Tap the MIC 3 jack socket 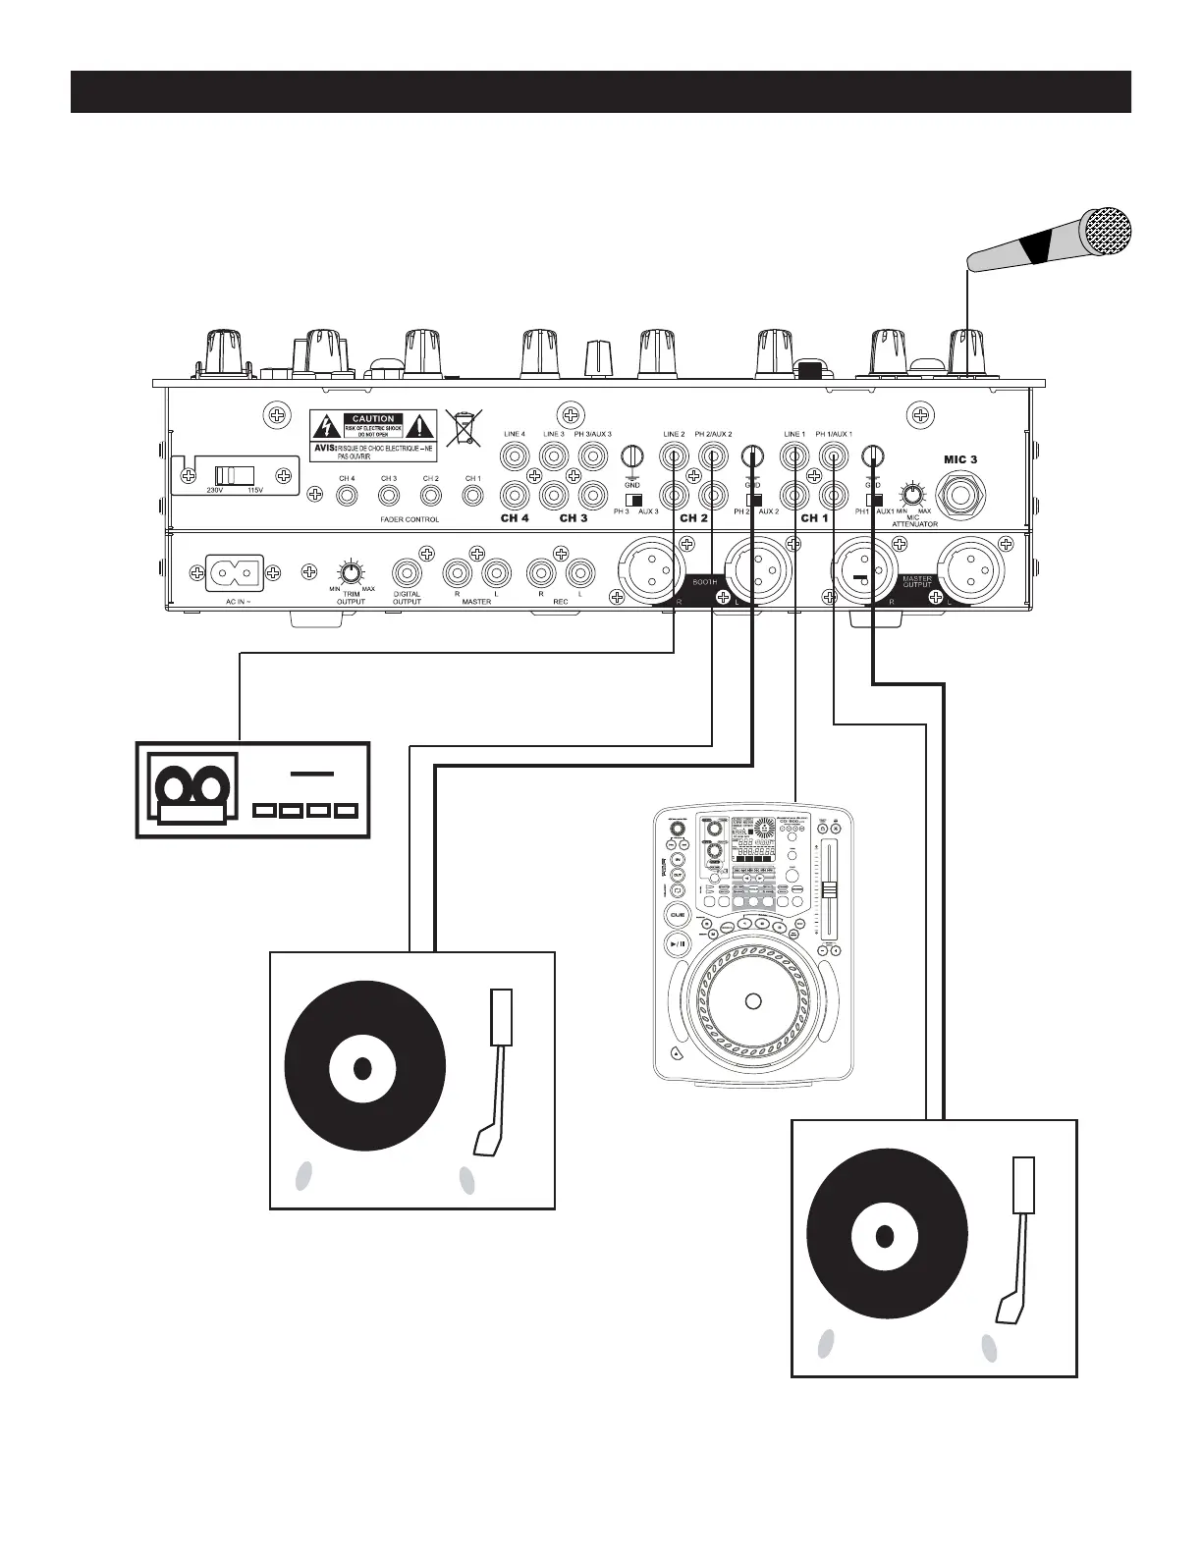coord(960,492)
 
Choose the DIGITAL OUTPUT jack coord(408,573)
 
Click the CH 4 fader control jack coord(347,496)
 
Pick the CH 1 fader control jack coord(472,496)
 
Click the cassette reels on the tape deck coord(192,787)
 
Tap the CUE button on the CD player coord(677,914)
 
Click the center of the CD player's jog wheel coord(753,1001)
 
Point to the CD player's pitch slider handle coord(830,889)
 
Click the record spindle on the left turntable coord(362,1067)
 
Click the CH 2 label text coord(693,517)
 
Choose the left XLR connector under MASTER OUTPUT coord(859,575)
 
